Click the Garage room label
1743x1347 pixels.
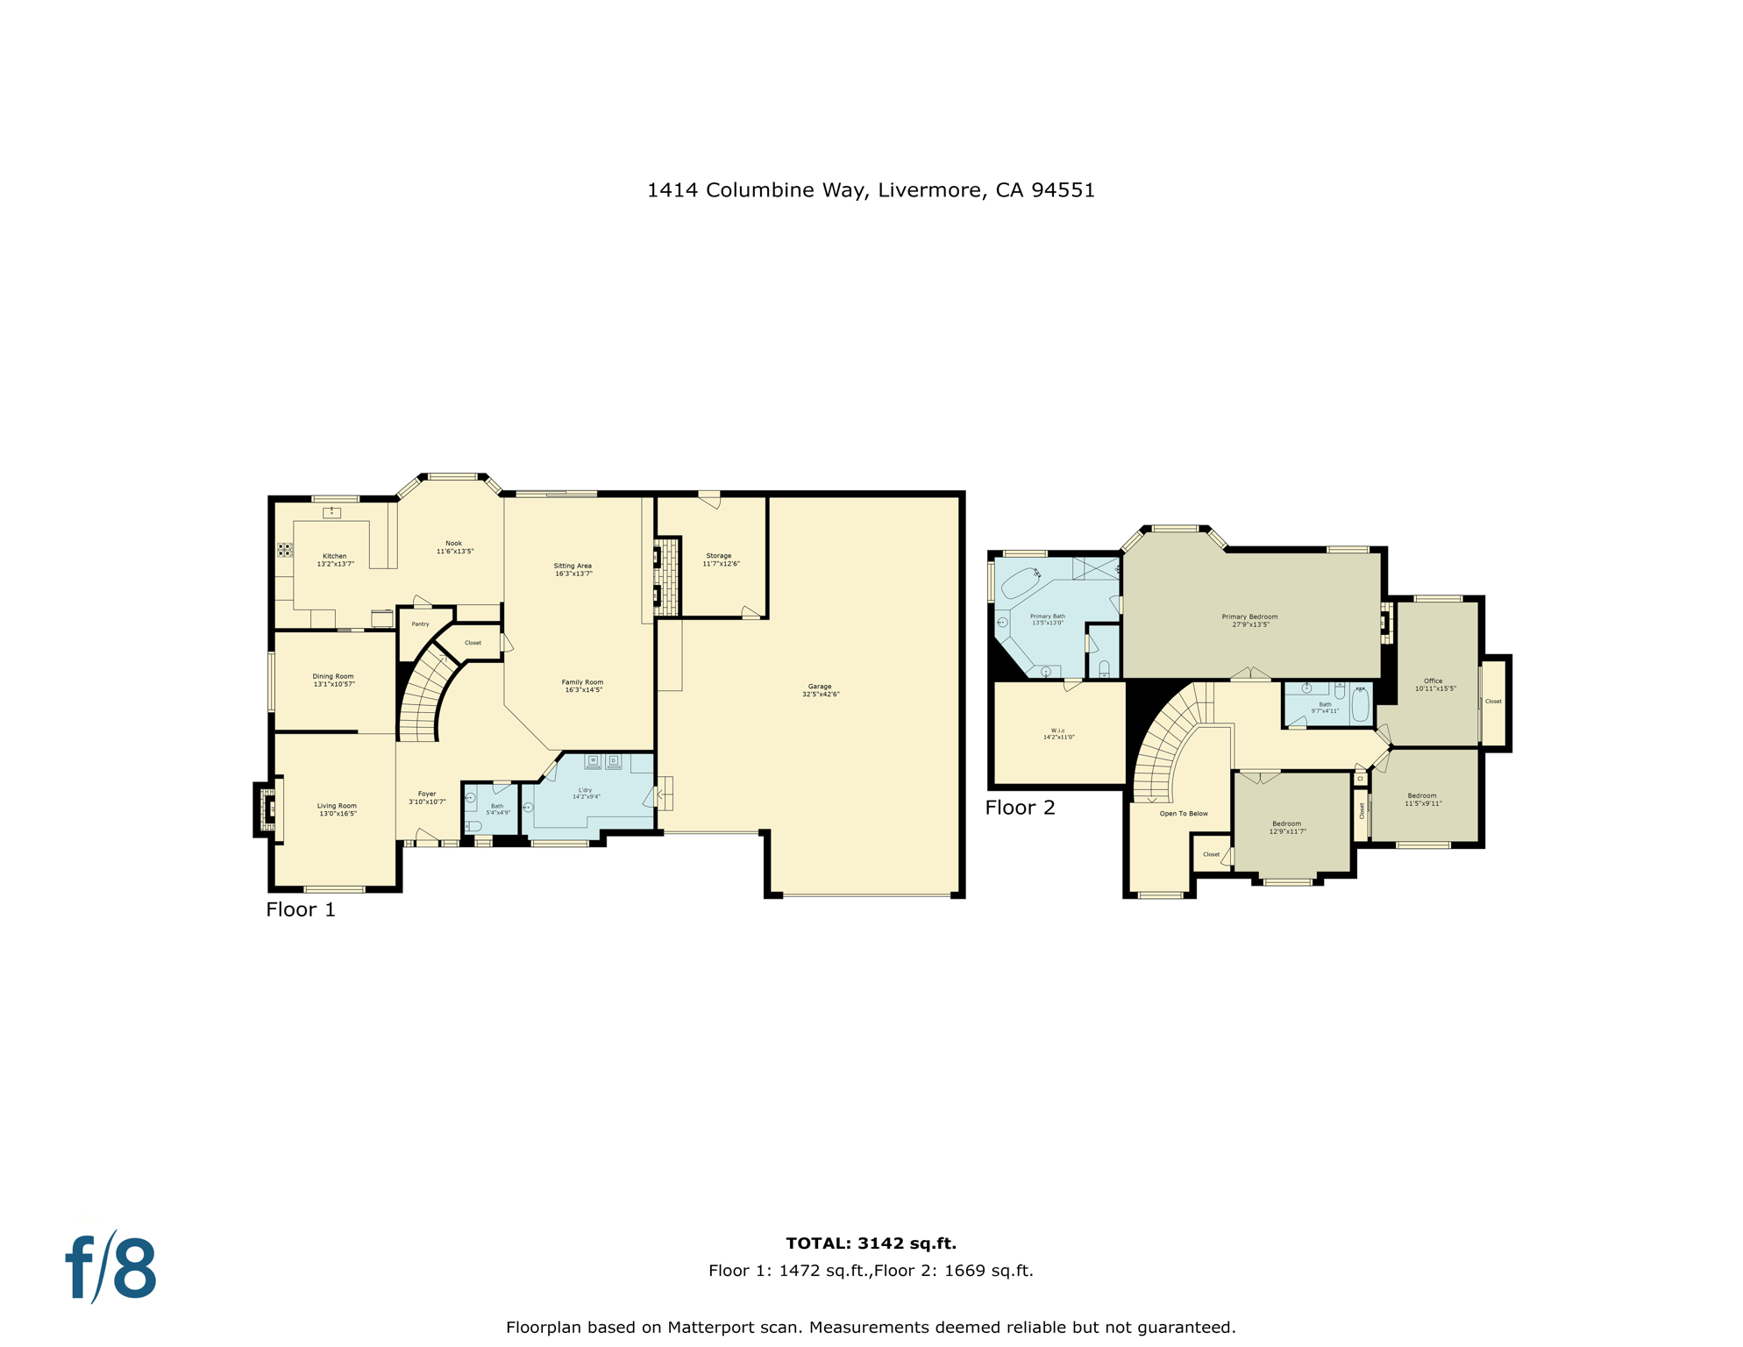(820, 690)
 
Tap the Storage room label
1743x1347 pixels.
(720, 559)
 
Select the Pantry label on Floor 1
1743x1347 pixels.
(420, 624)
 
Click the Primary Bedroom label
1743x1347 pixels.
(1249, 620)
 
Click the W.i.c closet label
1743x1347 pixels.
(1058, 733)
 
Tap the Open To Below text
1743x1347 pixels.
(1184, 814)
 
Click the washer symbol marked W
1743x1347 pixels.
(593, 760)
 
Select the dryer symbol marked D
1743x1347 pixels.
(614, 760)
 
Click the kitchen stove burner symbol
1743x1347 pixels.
(285, 550)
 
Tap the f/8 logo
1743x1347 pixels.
(111, 1268)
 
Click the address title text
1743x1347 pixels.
(871, 190)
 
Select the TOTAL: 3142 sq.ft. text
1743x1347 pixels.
(871, 1243)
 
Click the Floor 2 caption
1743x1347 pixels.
(1020, 808)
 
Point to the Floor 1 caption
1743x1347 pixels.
(301, 909)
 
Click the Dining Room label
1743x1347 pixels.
(333, 680)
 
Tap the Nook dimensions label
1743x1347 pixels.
(455, 552)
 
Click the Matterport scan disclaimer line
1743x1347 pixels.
(871, 1327)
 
